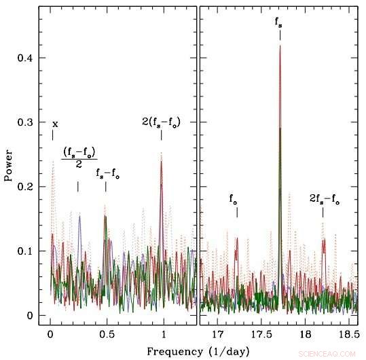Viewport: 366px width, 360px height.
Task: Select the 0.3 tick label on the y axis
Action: pos(26,122)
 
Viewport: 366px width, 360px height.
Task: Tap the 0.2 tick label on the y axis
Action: pos(26,187)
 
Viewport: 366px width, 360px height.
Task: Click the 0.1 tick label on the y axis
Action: pos(26,251)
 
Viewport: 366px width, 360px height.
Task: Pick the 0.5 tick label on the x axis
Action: pos(106,334)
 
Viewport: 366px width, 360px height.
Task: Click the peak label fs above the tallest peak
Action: pos(279,22)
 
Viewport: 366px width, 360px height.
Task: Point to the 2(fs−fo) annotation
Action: pos(161,122)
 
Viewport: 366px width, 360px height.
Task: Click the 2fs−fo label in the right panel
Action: pos(324,199)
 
